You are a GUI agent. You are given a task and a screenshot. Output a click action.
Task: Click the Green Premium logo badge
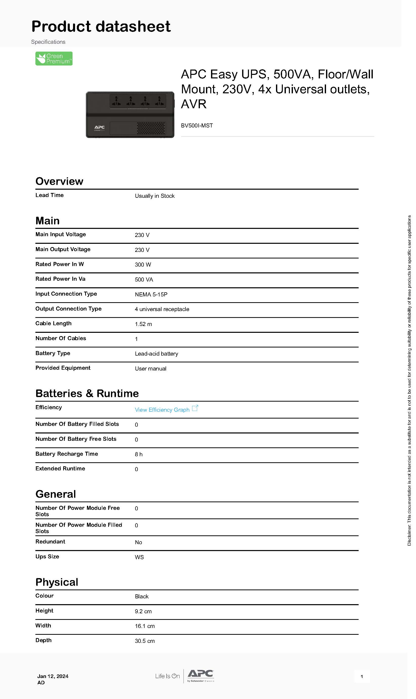(x=54, y=59)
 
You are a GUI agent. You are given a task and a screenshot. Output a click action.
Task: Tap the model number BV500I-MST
(x=197, y=126)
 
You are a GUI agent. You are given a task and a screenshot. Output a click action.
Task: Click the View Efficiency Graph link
(x=162, y=410)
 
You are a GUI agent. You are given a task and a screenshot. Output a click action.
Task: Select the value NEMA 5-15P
(x=151, y=295)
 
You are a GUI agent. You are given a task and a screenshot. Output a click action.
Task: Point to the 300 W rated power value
(x=143, y=265)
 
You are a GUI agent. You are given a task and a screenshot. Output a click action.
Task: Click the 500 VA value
(x=144, y=280)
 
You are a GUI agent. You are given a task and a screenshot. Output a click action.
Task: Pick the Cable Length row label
(x=53, y=323)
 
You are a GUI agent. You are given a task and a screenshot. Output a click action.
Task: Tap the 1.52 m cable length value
(x=143, y=324)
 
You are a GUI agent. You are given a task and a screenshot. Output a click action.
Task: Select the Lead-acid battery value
(x=156, y=354)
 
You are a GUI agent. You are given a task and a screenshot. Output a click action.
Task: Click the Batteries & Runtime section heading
(x=87, y=394)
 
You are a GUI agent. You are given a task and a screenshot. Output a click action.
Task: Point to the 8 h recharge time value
(x=138, y=454)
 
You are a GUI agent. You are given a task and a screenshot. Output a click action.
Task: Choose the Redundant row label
(x=50, y=542)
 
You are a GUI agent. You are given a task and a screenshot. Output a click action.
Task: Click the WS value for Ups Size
(x=139, y=557)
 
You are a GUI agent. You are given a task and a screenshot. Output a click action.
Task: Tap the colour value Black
(x=142, y=597)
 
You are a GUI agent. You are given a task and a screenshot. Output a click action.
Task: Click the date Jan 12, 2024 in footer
(x=53, y=676)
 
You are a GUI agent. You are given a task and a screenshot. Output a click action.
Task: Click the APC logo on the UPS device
(x=100, y=127)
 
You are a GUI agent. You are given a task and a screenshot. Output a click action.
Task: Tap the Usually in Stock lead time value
(x=155, y=196)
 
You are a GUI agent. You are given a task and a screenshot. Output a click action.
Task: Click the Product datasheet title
(x=101, y=26)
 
